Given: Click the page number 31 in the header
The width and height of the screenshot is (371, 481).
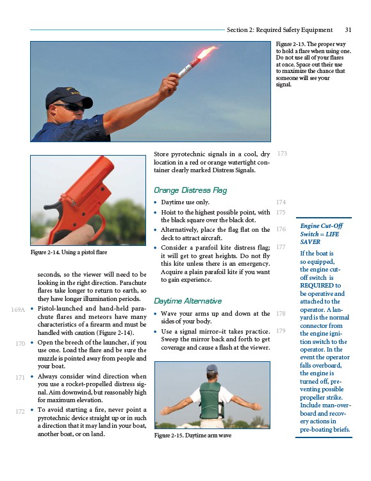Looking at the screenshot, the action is pyautogui.click(x=348, y=29).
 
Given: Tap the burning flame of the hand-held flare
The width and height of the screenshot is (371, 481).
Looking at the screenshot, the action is pyautogui.click(x=207, y=52).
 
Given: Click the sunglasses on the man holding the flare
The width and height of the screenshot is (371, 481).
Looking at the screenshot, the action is pyautogui.click(x=70, y=107).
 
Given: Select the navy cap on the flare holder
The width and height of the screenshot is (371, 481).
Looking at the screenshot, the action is pyautogui.click(x=68, y=97).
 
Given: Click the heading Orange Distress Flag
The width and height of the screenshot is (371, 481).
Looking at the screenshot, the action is pyautogui.click(x=190, y=190).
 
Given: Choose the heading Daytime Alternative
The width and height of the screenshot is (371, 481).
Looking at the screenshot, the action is pyautogui.click(x=188, y=301).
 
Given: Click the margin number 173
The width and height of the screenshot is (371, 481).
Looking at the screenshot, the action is pyautogui.click(x=282, y=153).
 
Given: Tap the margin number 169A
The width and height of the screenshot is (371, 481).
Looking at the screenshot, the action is pyautogui.click(x=18, y=309).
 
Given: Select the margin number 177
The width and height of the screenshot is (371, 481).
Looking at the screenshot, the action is pyautogui.click(x=281, y=247).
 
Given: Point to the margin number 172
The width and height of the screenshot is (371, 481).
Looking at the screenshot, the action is pyautogui.click(x=20, y=411).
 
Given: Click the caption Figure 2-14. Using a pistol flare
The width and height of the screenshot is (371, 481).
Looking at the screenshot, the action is pyautogui.click(x=69, y=252).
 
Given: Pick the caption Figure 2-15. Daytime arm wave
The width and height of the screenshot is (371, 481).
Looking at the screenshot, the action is pyautogui.click(x=193, y=436).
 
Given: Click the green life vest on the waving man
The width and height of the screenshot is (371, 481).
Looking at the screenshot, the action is pyautogui.click(x=211, y=400).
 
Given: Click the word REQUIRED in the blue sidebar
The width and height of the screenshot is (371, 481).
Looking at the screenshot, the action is pyautogui.click(x=317, y=285).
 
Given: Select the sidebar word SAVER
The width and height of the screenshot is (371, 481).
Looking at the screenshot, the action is pyautogui.click(x=310, y=241).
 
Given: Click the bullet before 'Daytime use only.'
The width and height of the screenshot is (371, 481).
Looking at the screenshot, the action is pyautogui.click(x=155, y=202).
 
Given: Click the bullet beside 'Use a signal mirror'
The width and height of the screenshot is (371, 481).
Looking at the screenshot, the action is pyautogui.click(x=155, y=332).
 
